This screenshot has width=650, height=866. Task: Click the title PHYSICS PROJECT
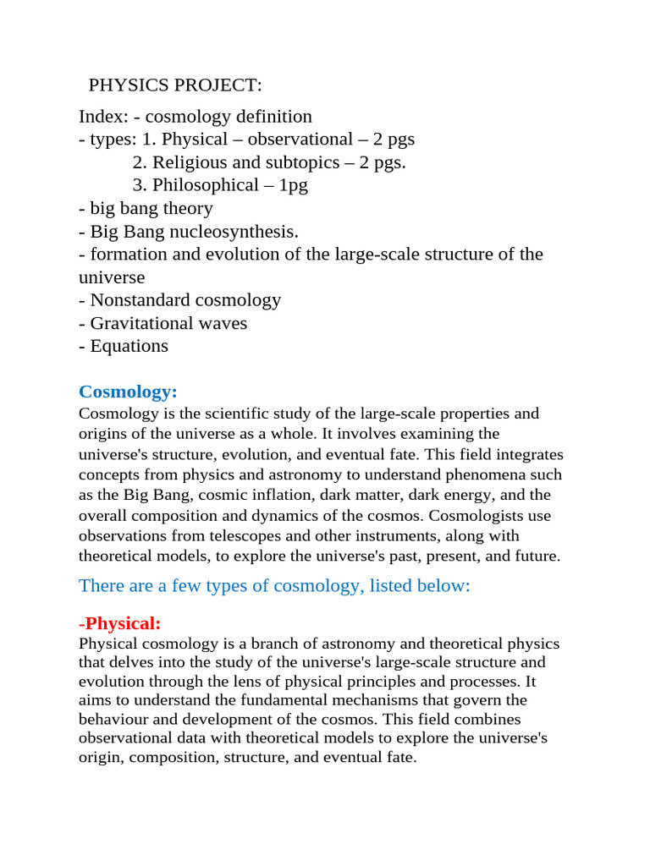(175, 85)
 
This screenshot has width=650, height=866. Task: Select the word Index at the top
(102, 117)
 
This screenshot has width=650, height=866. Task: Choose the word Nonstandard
(143, 300)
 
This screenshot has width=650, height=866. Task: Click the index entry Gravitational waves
(168, 323)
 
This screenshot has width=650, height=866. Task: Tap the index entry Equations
(129, 346)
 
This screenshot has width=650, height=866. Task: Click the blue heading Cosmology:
(128, 392)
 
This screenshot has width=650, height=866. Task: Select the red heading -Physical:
(119, 623)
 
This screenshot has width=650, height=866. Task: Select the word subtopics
(291, 162)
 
